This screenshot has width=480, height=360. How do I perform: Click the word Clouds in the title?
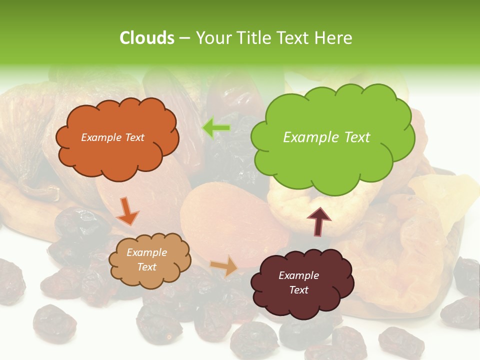pos(147,38)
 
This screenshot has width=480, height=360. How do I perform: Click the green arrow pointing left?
pos(216,128)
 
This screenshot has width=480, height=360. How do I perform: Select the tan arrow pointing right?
pos(224,266)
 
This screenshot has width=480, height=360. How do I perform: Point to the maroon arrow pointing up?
pos(318,220)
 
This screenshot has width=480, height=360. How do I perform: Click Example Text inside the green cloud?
pos(326,137)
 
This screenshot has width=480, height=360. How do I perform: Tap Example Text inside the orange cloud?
pos(112,137)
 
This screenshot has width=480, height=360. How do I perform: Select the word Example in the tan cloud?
pos(146,252)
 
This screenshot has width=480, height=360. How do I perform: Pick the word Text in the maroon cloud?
pos(298,290)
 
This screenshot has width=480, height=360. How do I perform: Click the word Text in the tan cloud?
pos(146,267)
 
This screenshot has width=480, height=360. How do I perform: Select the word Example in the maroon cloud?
pos(298,275)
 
